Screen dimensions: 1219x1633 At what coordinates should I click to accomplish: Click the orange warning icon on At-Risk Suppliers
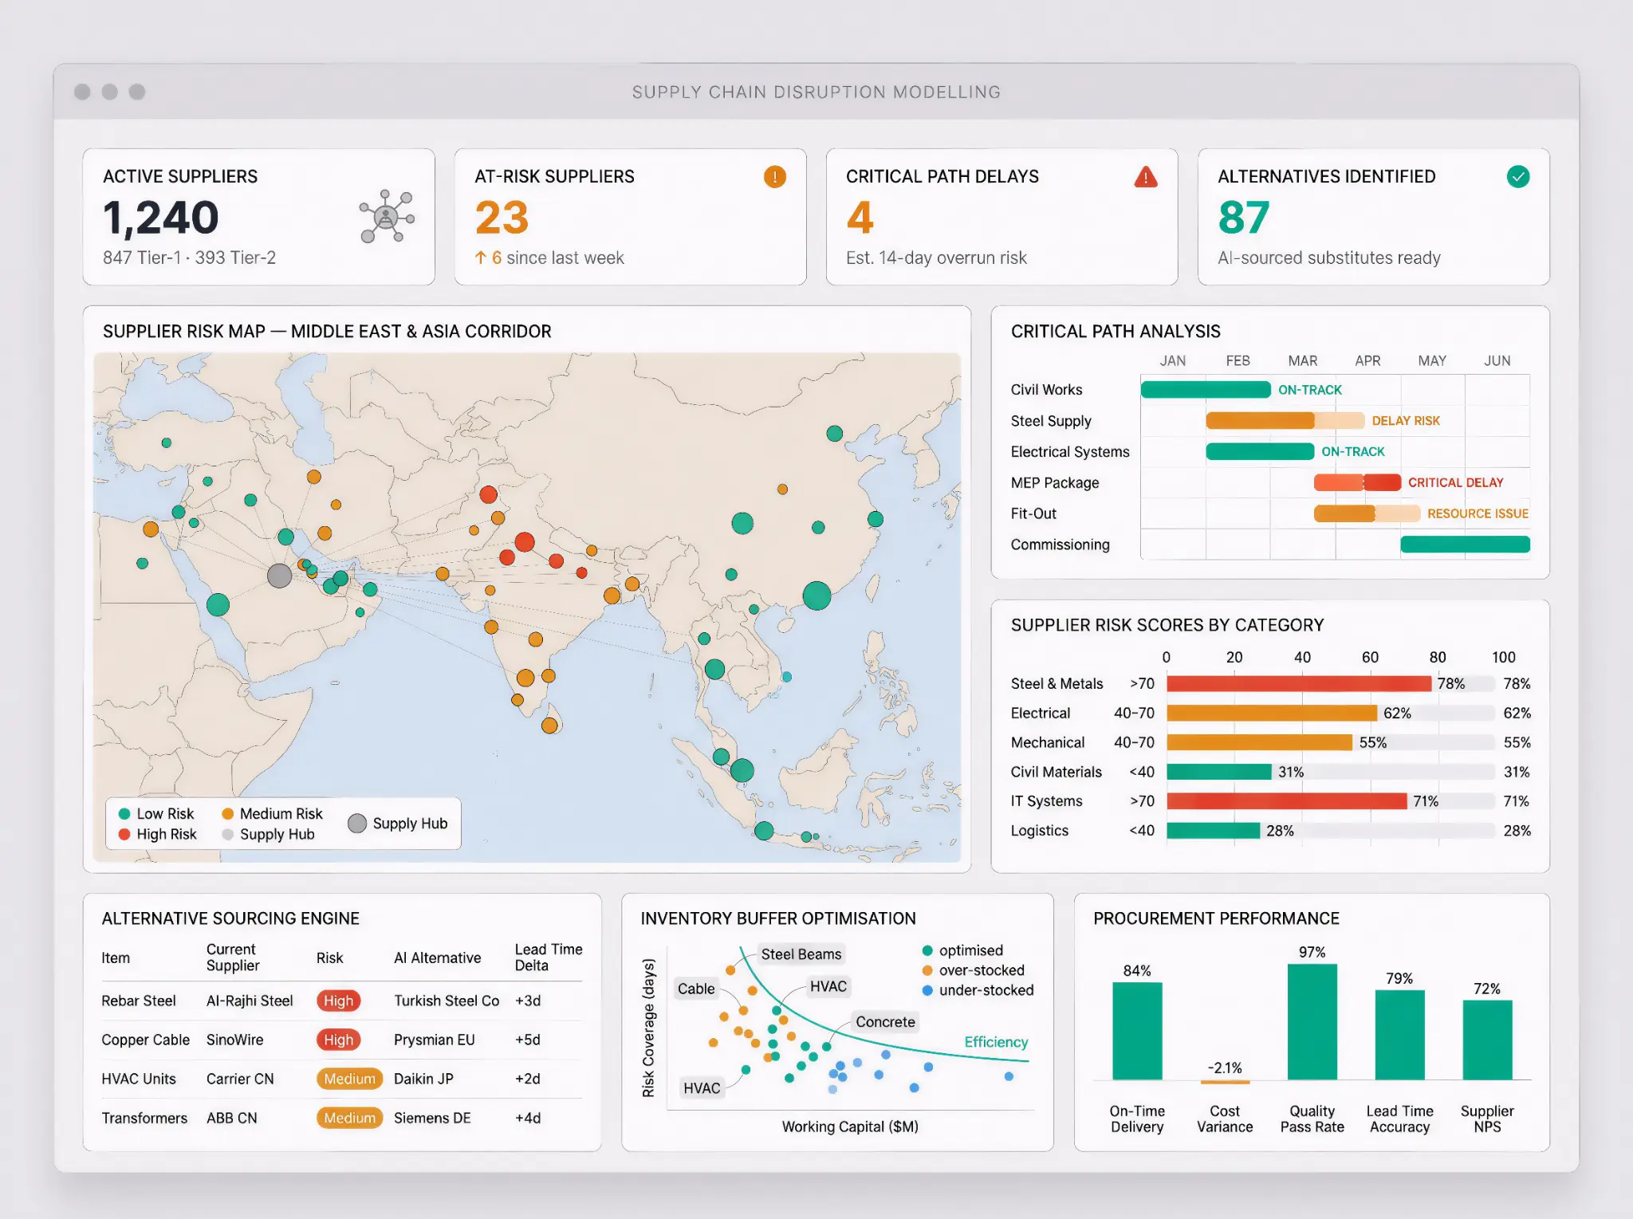click(774, 177)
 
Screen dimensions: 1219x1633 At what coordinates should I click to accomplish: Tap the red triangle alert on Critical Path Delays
click(1146, 177)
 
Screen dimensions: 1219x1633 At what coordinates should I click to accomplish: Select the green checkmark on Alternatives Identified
click(1518, 177)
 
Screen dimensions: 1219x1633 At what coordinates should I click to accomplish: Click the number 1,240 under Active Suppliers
click(160, 218)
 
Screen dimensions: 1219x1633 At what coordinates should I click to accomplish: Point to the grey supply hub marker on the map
click(279, 575)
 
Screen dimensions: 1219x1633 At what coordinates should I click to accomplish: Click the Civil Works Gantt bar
click(1205, 390)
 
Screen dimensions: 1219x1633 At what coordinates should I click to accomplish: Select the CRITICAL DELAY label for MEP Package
click(1455, 482)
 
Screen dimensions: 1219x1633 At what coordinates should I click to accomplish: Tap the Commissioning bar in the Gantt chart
click(1465, 545)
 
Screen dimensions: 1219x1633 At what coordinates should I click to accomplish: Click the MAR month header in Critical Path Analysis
click(1302, 361)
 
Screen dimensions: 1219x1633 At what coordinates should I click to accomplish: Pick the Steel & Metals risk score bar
click(1298, 684)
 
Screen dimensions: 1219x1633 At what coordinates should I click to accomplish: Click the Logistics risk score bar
click(1213, 831)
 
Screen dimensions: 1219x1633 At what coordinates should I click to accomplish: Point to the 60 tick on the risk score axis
click(1370, 658)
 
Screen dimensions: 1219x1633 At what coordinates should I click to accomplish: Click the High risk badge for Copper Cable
click(338, 1040)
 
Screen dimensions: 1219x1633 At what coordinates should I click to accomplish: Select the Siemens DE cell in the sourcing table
click(432, 1119)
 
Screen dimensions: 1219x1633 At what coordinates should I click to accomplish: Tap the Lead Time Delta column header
click(548, 958)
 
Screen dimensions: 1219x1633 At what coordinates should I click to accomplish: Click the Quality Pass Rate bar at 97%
click(1312, 1022)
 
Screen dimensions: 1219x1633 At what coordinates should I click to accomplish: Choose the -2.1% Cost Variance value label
click(1225, 1068)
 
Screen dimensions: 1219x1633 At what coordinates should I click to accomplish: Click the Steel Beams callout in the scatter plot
click(801, 954)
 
